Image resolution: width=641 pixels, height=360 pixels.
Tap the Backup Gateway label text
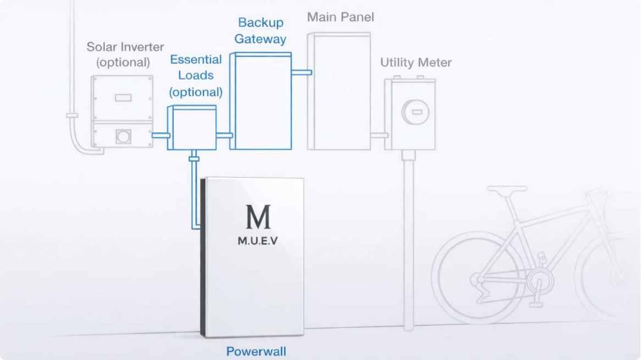[x=261, y=31]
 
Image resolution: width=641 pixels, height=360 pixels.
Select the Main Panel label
[x=340, y=17]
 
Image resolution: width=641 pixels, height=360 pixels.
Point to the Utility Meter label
[x=416, y=62]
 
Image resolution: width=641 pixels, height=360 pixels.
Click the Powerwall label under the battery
[x=256, y=351]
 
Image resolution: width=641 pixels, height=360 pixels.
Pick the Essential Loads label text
[x=196, y=75]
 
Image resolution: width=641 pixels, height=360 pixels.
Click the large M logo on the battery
[x=258, y=217]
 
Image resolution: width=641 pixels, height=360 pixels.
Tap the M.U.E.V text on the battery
[x=258, y=240]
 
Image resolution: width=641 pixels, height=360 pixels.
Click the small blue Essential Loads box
[x=192, y=128]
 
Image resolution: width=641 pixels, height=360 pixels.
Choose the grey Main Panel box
[x=339, y=91]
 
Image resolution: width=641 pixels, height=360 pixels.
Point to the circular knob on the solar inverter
[x=123, y=136]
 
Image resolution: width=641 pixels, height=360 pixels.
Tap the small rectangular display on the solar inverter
[x=123, y=97]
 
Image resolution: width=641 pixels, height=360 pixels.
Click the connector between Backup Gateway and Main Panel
[x=301, y=72]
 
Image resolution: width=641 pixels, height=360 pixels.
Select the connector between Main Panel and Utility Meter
[x=378, y=135]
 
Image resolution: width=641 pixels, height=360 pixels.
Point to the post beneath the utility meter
[x=408, y=242]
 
